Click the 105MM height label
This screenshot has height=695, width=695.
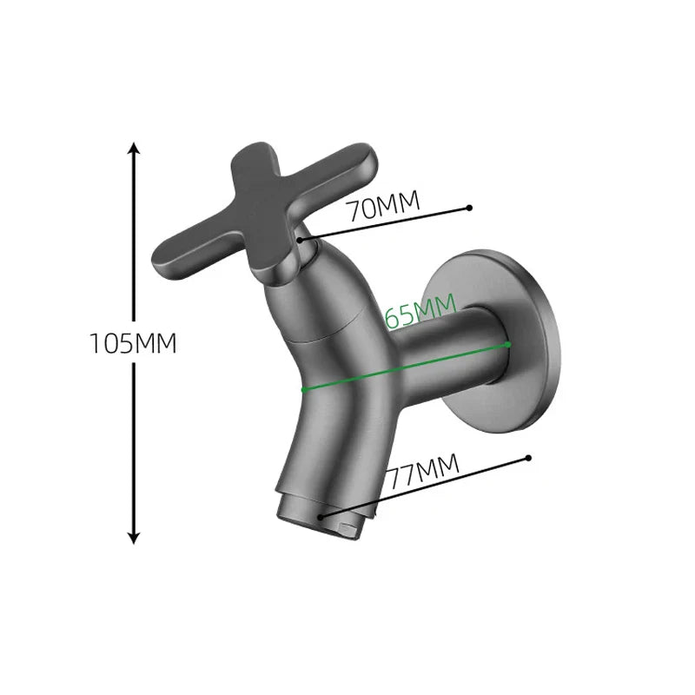[133, 343]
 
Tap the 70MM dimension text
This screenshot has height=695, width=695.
[382, 207]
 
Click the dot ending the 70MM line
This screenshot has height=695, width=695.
[469, 208]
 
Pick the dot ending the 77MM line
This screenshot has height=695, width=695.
[526, 457]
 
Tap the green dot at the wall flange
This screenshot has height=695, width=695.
[508, 344]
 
